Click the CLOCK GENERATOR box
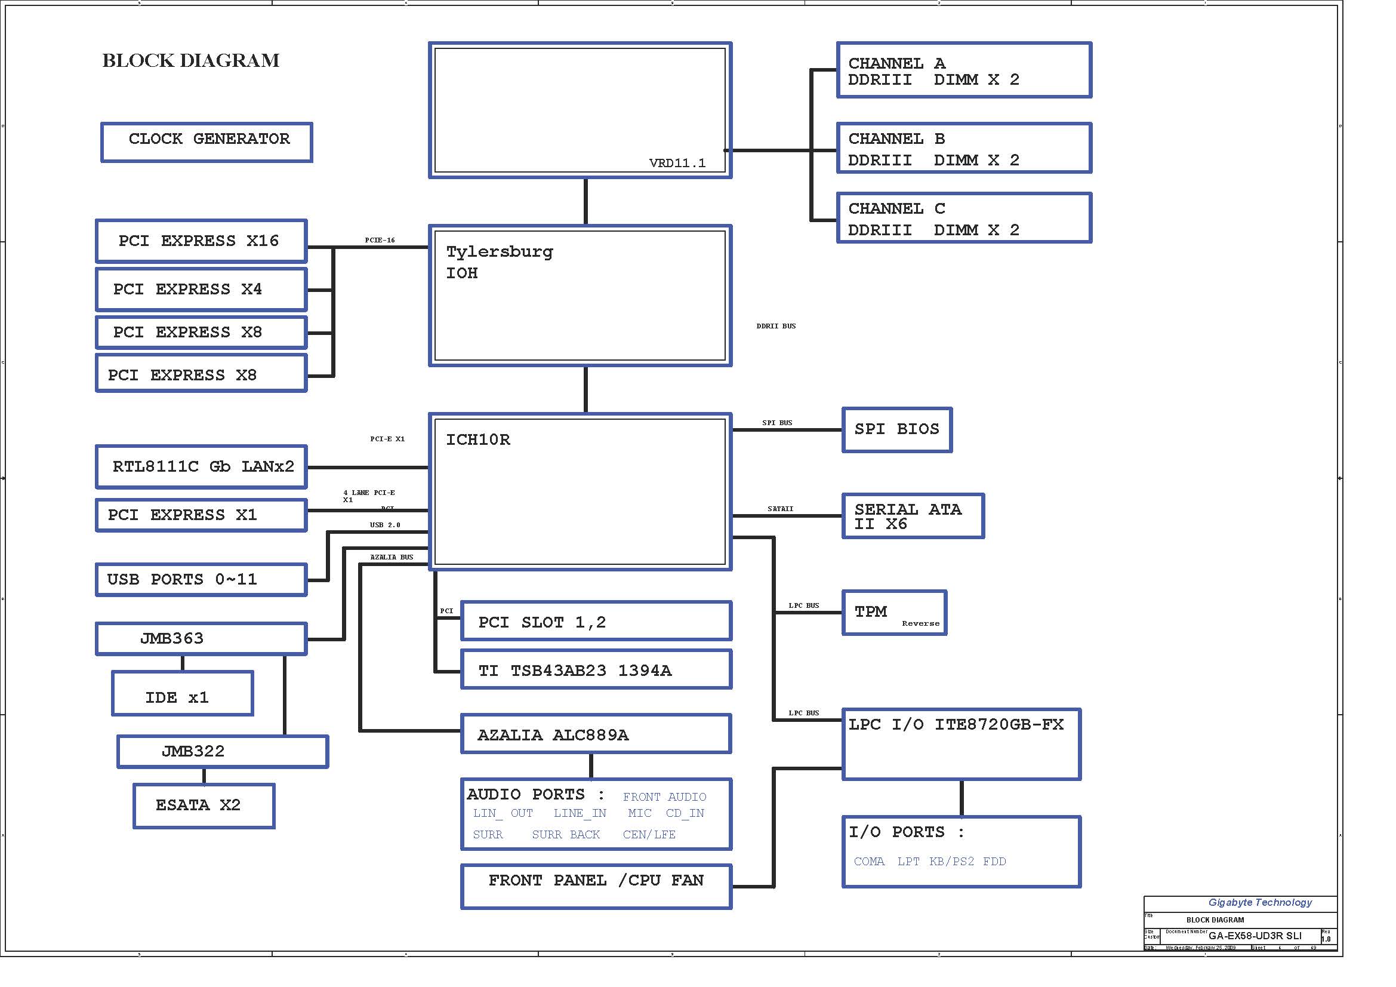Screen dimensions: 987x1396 pyautogui.click(x=207, y=142)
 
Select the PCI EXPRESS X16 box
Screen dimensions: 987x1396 pyautogui.click(x=201, y=241)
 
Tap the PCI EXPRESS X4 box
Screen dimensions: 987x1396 pyautogui.click(x=201, y=290)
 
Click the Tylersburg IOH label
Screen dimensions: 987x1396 pyautogui.click(x=499, y=262)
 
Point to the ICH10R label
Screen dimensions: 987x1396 pyautogui.click(x=478, y=439)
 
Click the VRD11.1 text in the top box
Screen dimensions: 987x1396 pyautogui.click(x=677, y=163)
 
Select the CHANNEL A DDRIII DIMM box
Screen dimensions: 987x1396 pyautogui.click(x=964, y=70)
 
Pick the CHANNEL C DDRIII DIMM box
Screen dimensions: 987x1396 pyautogui.click(x=964, y=219)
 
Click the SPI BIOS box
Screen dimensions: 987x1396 pyautogui.click(x=897, y=430)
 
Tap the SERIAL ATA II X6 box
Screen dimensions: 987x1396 pyautogui.click(x=913, y=516)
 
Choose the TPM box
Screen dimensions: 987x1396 pyautogui.click(x=894, y=613)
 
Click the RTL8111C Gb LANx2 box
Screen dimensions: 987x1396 pyautogui.click(x=201, y=467)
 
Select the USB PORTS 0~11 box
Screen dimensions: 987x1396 pyautogui.click(x=201, y=580)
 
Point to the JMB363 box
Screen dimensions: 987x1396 pyautogui.click(x=201, y=638)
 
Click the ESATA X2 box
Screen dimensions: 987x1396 pyautogui.click(x=204, y=805)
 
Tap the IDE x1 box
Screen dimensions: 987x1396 pyautogui.click(x=183, y=694)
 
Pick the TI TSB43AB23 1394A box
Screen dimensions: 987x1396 pyautogui.click(x=596, y=669)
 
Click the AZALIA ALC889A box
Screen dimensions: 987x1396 pyautogui.click(x=596, y=734)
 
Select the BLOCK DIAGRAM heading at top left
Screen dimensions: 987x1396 pyautogui.click(x=191, y=61)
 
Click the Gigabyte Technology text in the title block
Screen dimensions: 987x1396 pyautogui.click(x=1260, y=902)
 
